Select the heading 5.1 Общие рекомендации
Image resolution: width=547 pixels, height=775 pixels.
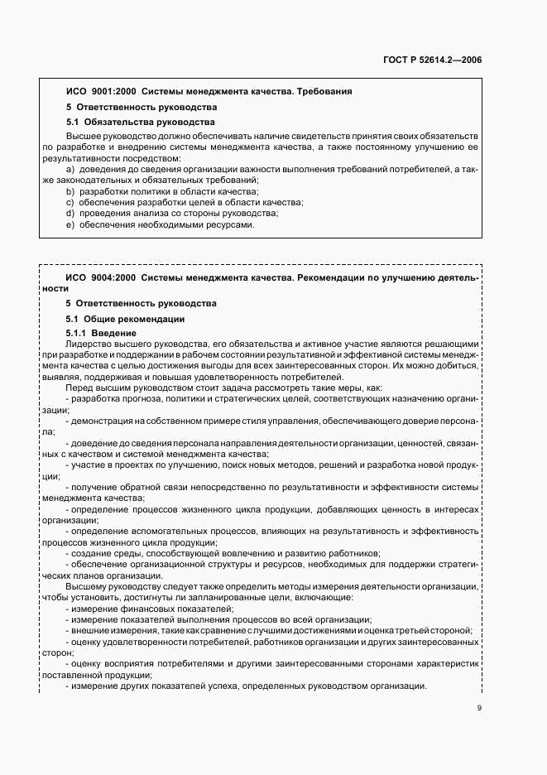coord(125,319)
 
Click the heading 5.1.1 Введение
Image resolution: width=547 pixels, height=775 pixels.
coord(101,333)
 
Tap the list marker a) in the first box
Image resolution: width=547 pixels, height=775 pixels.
coord(70,169)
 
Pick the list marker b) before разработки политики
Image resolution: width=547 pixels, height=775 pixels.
coord(70,191)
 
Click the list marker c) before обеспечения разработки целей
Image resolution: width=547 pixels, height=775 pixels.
coord(70,202)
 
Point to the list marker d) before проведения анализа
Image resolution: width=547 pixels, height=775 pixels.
coord(70,214)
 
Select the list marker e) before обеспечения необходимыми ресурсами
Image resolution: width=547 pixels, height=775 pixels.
coord(70,224)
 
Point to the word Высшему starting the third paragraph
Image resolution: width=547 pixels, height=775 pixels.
coord(85,586)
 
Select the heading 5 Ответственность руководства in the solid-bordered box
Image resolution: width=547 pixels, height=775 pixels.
coord(141,107)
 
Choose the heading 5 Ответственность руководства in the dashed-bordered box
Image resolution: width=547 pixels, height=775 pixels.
coord(141,303)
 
